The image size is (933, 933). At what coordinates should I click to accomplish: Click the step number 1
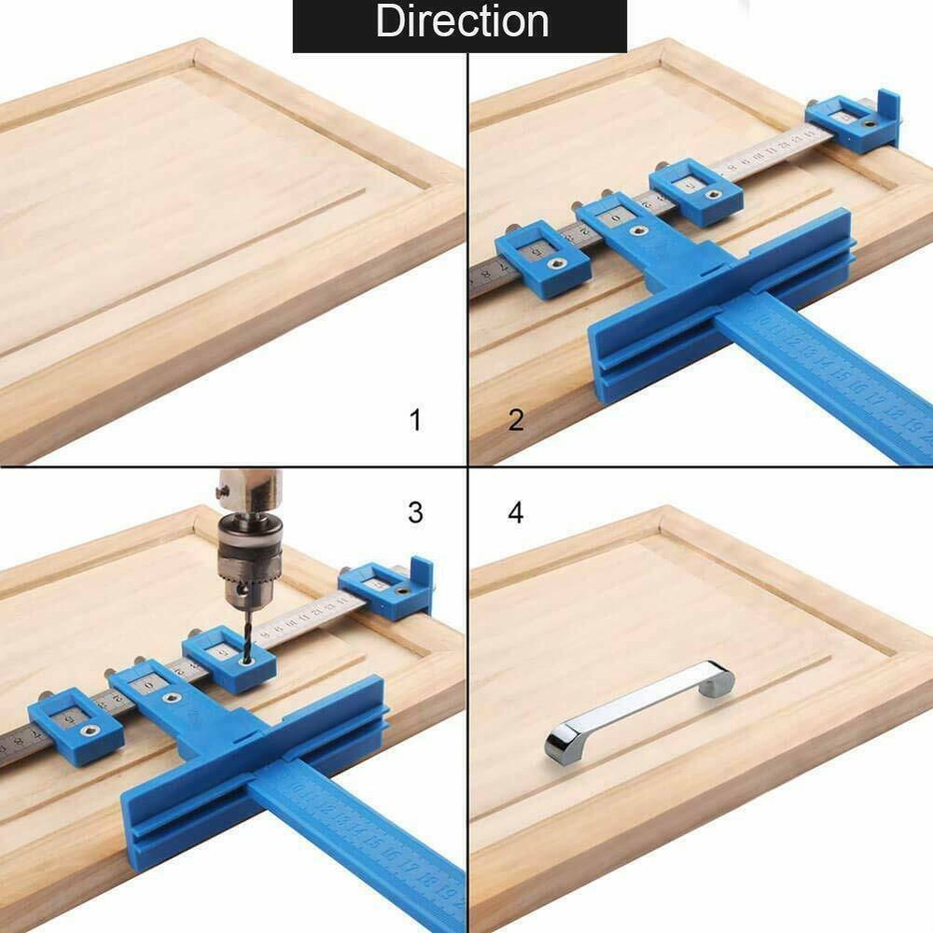pos(415,420)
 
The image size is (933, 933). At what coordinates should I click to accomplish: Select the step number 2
pos(516,420)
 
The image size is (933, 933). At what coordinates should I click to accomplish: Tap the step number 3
pos(415,512)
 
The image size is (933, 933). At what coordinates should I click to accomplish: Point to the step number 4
pos(516,512)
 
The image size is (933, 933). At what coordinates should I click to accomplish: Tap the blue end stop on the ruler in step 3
pos(392,588)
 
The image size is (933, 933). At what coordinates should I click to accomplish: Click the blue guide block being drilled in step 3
pos(230,659)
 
